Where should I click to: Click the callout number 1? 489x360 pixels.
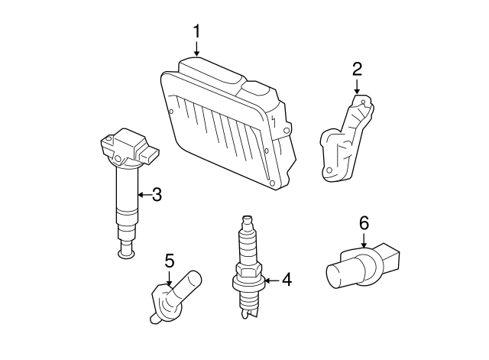[x=196, y=31]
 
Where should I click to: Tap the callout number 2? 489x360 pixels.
[x=357, y=70]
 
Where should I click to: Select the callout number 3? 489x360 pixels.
[x=157, y=195]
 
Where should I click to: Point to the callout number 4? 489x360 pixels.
[x=287, y=280]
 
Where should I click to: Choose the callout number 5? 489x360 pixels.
[x=170, y=261]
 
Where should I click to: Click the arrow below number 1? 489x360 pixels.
[x=196, y=48]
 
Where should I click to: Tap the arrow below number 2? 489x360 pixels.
[x=357, y=86]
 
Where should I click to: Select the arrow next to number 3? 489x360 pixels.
[x=144, y=195]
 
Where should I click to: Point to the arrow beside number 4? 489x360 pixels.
[x=272, y=281]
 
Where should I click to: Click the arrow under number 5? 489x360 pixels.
[x=169, y=278]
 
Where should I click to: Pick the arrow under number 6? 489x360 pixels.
[x=364, y=240]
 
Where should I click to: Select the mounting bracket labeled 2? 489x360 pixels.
[x=346, y=138]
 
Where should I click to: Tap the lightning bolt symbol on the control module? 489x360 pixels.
[x=274, y=121]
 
